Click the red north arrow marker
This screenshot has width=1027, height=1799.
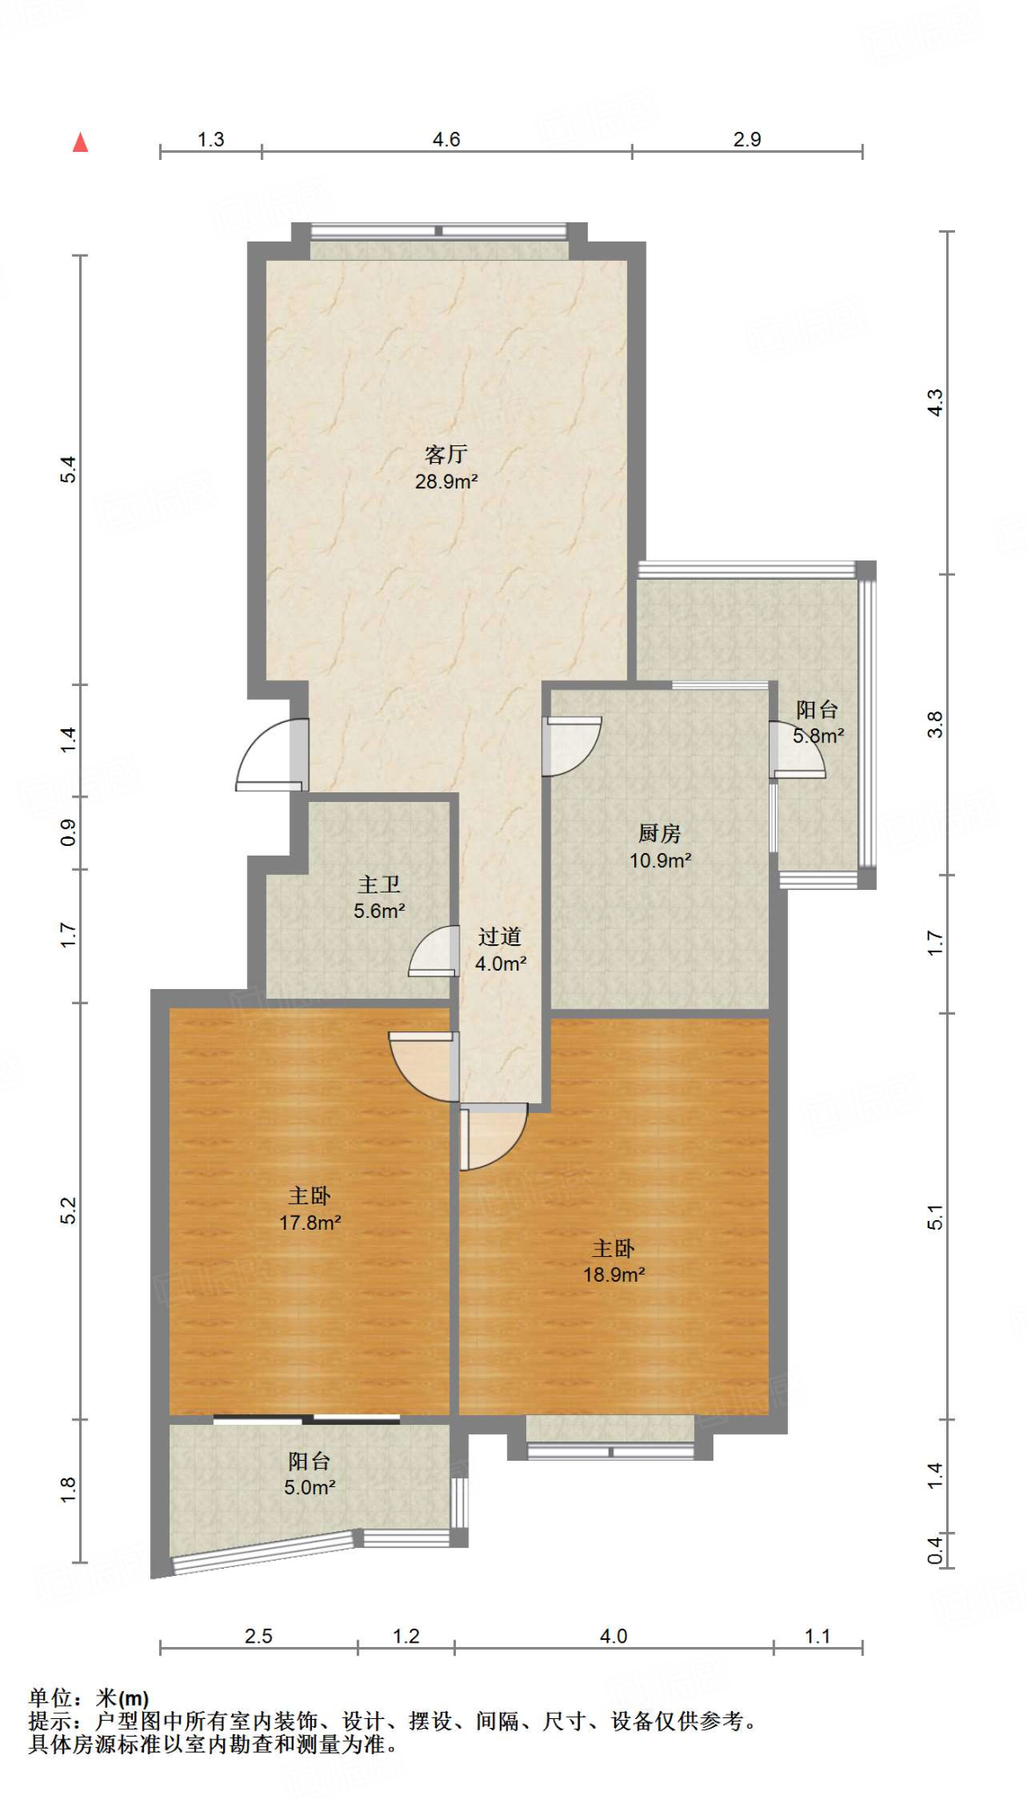click(80, 142)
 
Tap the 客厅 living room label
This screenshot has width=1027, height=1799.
click(446, 454)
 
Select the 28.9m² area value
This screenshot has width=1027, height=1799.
click(446, 481)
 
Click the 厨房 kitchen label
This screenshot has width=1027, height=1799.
click(660, 833)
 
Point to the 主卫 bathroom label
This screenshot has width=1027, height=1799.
click(380, 884)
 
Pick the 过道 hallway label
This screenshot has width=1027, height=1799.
click(500, 936)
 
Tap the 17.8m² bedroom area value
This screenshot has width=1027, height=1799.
click(310, 1222)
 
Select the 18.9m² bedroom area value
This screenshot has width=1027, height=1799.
click(614, 1275)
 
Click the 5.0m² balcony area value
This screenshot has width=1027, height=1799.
click(309, 1487)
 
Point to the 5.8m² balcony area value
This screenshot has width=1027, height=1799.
click(819, 736)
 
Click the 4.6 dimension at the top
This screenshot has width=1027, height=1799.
click(446, 140)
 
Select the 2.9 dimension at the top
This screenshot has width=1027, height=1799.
click(747, 140)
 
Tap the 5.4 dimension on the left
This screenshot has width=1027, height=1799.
click(69, 470)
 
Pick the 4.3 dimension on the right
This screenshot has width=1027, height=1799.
click(935, 402)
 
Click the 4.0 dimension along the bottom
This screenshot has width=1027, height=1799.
click(613, 1636)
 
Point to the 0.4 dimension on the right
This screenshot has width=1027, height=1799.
click(935, 1550)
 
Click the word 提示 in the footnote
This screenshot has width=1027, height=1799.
click(50, 1720)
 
